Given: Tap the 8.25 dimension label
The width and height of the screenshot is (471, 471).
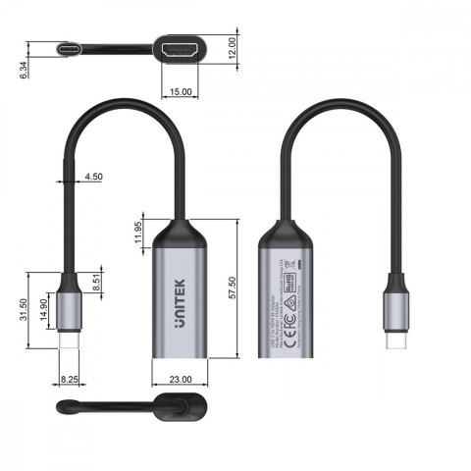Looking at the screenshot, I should click(x=69, y=376).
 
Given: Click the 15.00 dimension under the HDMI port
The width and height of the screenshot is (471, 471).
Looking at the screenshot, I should click(x=181, y=91).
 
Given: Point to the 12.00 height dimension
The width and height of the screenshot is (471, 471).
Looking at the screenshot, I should click(x=233, y=46).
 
